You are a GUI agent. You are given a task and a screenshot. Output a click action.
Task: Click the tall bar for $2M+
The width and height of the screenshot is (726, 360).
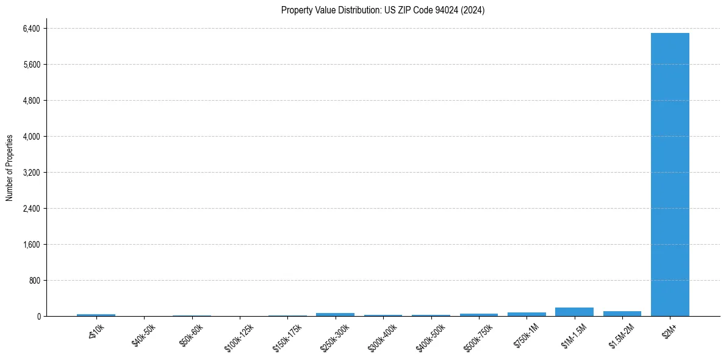[x=670, y=175]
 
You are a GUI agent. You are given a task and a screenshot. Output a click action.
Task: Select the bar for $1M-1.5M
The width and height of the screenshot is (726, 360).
[x=574, y=312]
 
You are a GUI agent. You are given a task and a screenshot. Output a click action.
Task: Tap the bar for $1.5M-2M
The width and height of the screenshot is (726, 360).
[x=622, y=314]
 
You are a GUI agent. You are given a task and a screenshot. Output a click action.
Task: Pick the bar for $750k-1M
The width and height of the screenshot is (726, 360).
[x=527, y=314]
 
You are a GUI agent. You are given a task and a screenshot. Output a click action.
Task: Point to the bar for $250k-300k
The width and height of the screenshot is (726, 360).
[x=335, y=314]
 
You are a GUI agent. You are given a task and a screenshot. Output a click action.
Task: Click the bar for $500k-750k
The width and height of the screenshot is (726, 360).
[x=478, y=315]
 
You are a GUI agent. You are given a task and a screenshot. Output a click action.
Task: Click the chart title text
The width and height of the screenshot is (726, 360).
[x=383, y=10]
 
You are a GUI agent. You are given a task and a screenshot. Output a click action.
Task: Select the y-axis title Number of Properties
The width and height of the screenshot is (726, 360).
[x=10, y=168]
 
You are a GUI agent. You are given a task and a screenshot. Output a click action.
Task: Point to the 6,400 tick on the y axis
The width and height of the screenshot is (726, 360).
[x=31, y=29]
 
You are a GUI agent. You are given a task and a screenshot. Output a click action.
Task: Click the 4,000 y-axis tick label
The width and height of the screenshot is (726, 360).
[x=31, y=137]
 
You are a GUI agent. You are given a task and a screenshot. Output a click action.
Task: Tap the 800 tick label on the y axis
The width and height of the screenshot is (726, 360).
[x=34, y=281]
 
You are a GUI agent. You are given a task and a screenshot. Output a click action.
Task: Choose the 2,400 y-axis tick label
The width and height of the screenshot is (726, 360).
[x=31, y=209]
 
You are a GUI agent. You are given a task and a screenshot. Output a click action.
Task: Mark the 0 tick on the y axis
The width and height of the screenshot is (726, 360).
[x=38, y=317]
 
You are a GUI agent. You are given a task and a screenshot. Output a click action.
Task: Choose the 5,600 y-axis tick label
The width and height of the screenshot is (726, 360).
[x=31, y=65]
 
